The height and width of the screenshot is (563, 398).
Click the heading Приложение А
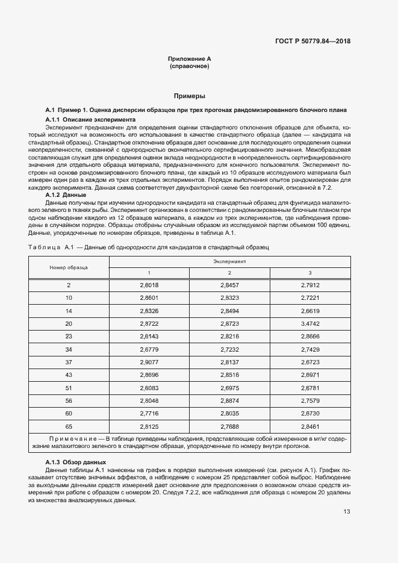[x=189, y=59]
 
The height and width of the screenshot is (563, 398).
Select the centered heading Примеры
[x=189, y=96]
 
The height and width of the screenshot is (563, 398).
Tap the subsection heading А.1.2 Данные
[x=66, y=194]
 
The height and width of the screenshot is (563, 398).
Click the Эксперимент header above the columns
[x=229, y=262]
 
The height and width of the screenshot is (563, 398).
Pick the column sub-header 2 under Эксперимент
[x=229, y=273]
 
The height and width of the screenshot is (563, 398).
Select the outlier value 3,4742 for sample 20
[x=310, y=323]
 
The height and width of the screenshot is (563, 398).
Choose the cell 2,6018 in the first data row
[x=149, y=284]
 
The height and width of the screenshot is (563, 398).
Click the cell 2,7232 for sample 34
[x=229, y=349]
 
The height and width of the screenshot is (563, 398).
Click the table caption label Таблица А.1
[x=51, y=247]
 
